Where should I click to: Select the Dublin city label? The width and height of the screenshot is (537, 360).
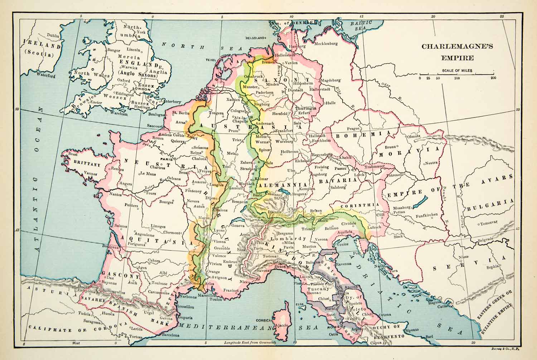[x=53, y=35]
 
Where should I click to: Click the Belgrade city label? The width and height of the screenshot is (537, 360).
[x=487, y=239]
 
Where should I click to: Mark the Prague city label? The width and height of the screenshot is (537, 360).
[x=353, y=129]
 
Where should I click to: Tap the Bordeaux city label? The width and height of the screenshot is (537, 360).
[x=110, y=247]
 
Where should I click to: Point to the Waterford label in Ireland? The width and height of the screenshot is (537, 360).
[x=45, y=76]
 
